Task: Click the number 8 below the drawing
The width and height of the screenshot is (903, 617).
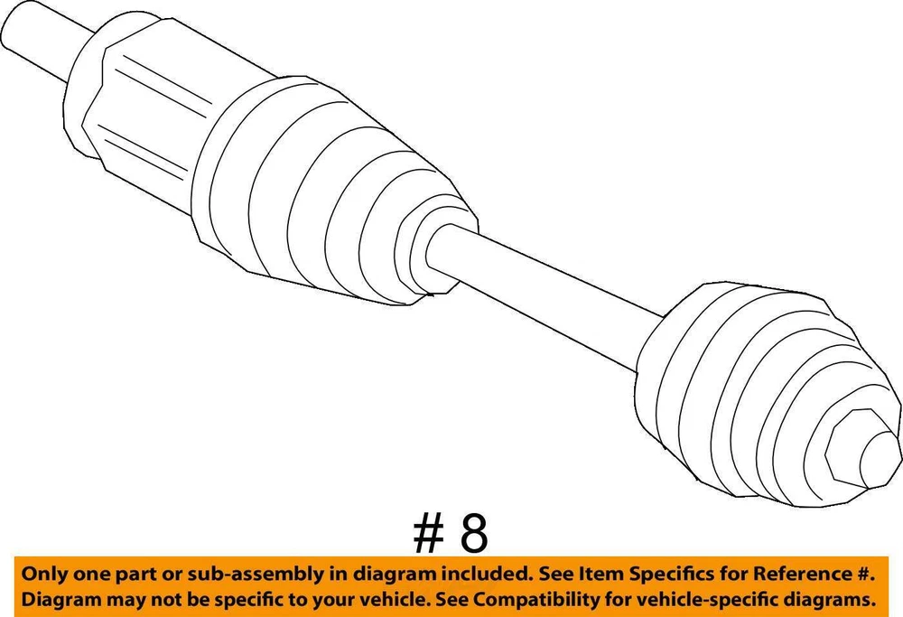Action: pos(473,534)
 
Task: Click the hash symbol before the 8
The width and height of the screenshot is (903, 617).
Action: pos(428,534)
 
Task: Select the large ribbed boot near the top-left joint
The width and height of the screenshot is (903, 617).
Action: pos(334,190)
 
